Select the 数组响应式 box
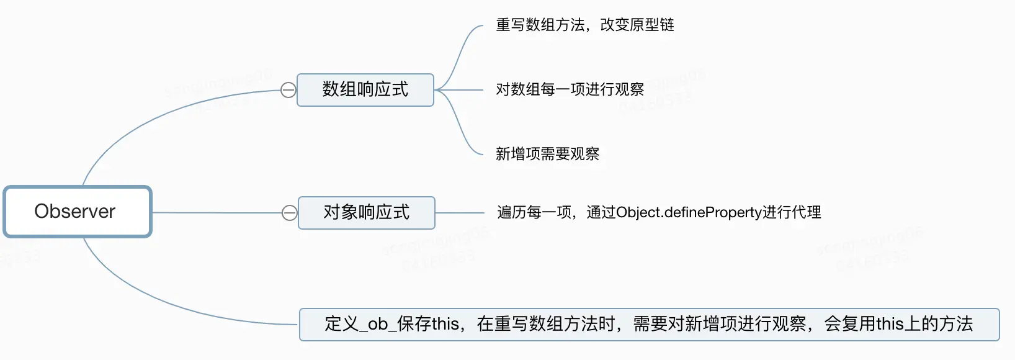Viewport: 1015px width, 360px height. (365, 90)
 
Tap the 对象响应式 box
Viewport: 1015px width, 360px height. (366, 213)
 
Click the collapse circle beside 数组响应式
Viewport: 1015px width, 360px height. (288, 91)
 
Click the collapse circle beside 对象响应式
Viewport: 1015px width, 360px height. (290, 214)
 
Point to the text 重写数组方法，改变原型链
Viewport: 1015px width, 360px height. (584, 25)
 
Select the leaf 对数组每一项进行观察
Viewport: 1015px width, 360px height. (570, 90)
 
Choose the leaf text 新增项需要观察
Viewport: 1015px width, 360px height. (547, 154)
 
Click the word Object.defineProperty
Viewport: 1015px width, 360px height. (689, 213)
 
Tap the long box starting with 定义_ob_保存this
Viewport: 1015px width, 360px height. (649, 324)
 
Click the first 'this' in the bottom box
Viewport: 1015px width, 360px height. (445, 324)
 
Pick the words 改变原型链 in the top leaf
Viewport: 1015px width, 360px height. (637, 25)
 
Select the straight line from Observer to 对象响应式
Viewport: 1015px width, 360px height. (217, 213)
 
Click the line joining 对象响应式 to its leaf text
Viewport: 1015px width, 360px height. (459, 213)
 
